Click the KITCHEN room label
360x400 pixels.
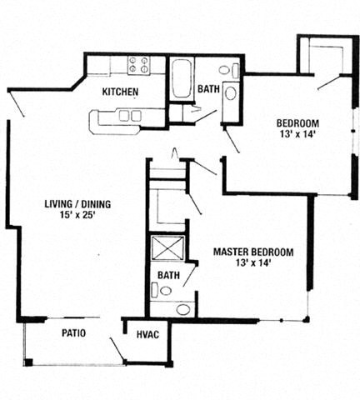click(119, 92)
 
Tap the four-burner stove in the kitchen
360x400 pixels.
click(138, 64)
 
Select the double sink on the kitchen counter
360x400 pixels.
click(129, 116)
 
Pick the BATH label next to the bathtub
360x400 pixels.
click(209, 90)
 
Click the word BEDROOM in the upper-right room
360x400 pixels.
click(296, 126)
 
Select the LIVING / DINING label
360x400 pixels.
click(78, 203)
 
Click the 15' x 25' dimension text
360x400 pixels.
click(78, 216)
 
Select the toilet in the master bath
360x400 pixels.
click(163, 291)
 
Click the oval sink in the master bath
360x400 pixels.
click(183, 310)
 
